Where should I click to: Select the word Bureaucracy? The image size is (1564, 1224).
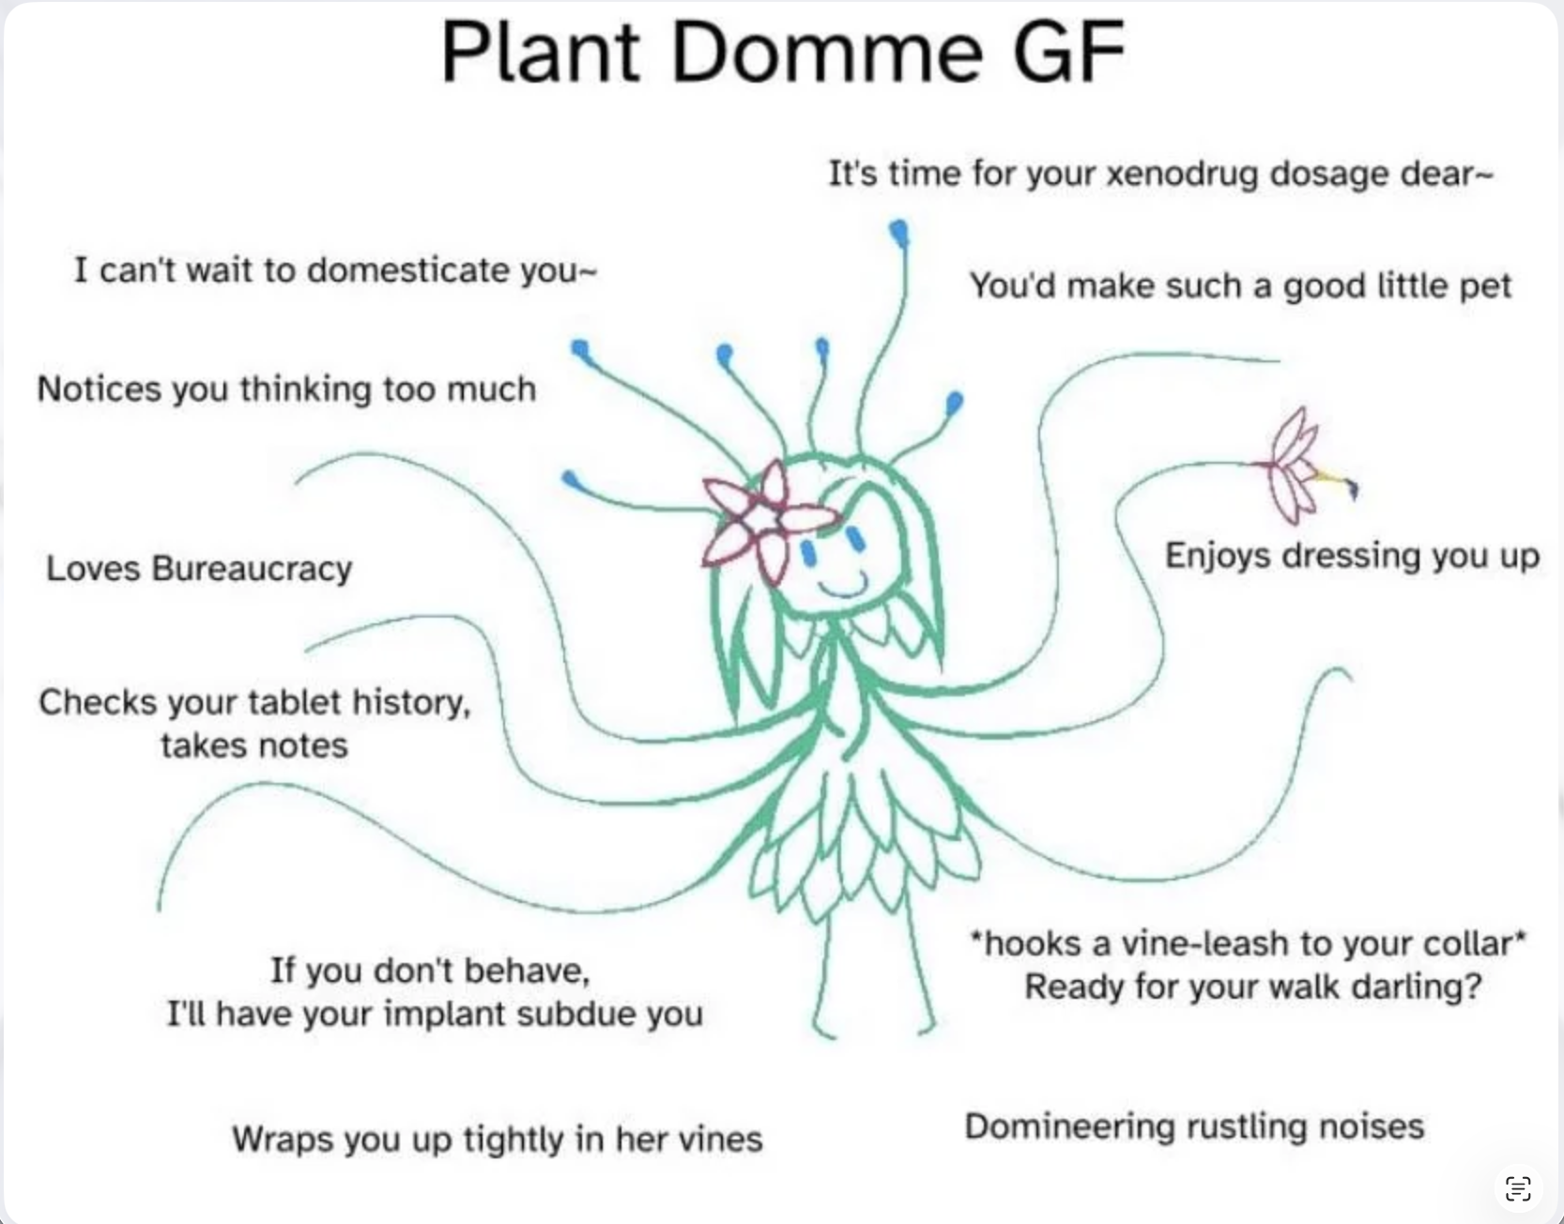coord(252,569)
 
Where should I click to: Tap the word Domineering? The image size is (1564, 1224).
coord(1069,1127)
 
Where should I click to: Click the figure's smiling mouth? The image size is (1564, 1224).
coord(843,588)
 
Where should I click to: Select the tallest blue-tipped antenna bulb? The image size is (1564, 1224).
coord(899,232)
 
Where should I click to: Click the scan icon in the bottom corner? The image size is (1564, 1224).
coord(1518,1187)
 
